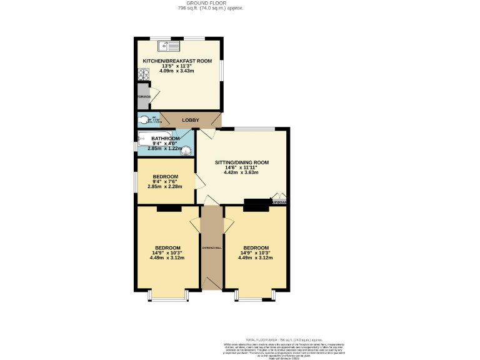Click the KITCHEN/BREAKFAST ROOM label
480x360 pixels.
[177, 61]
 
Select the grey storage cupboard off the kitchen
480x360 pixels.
[142, 96]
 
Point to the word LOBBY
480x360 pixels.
[191, 119]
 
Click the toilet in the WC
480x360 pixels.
[144, 120]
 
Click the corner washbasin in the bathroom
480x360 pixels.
[186, 150]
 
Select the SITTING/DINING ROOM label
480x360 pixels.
[242, 162]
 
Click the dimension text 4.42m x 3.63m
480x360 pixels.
[242, 172]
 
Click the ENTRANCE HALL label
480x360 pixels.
[212, 248]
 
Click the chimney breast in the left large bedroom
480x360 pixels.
[167, 208]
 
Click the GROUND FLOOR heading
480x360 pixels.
[210, 3]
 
